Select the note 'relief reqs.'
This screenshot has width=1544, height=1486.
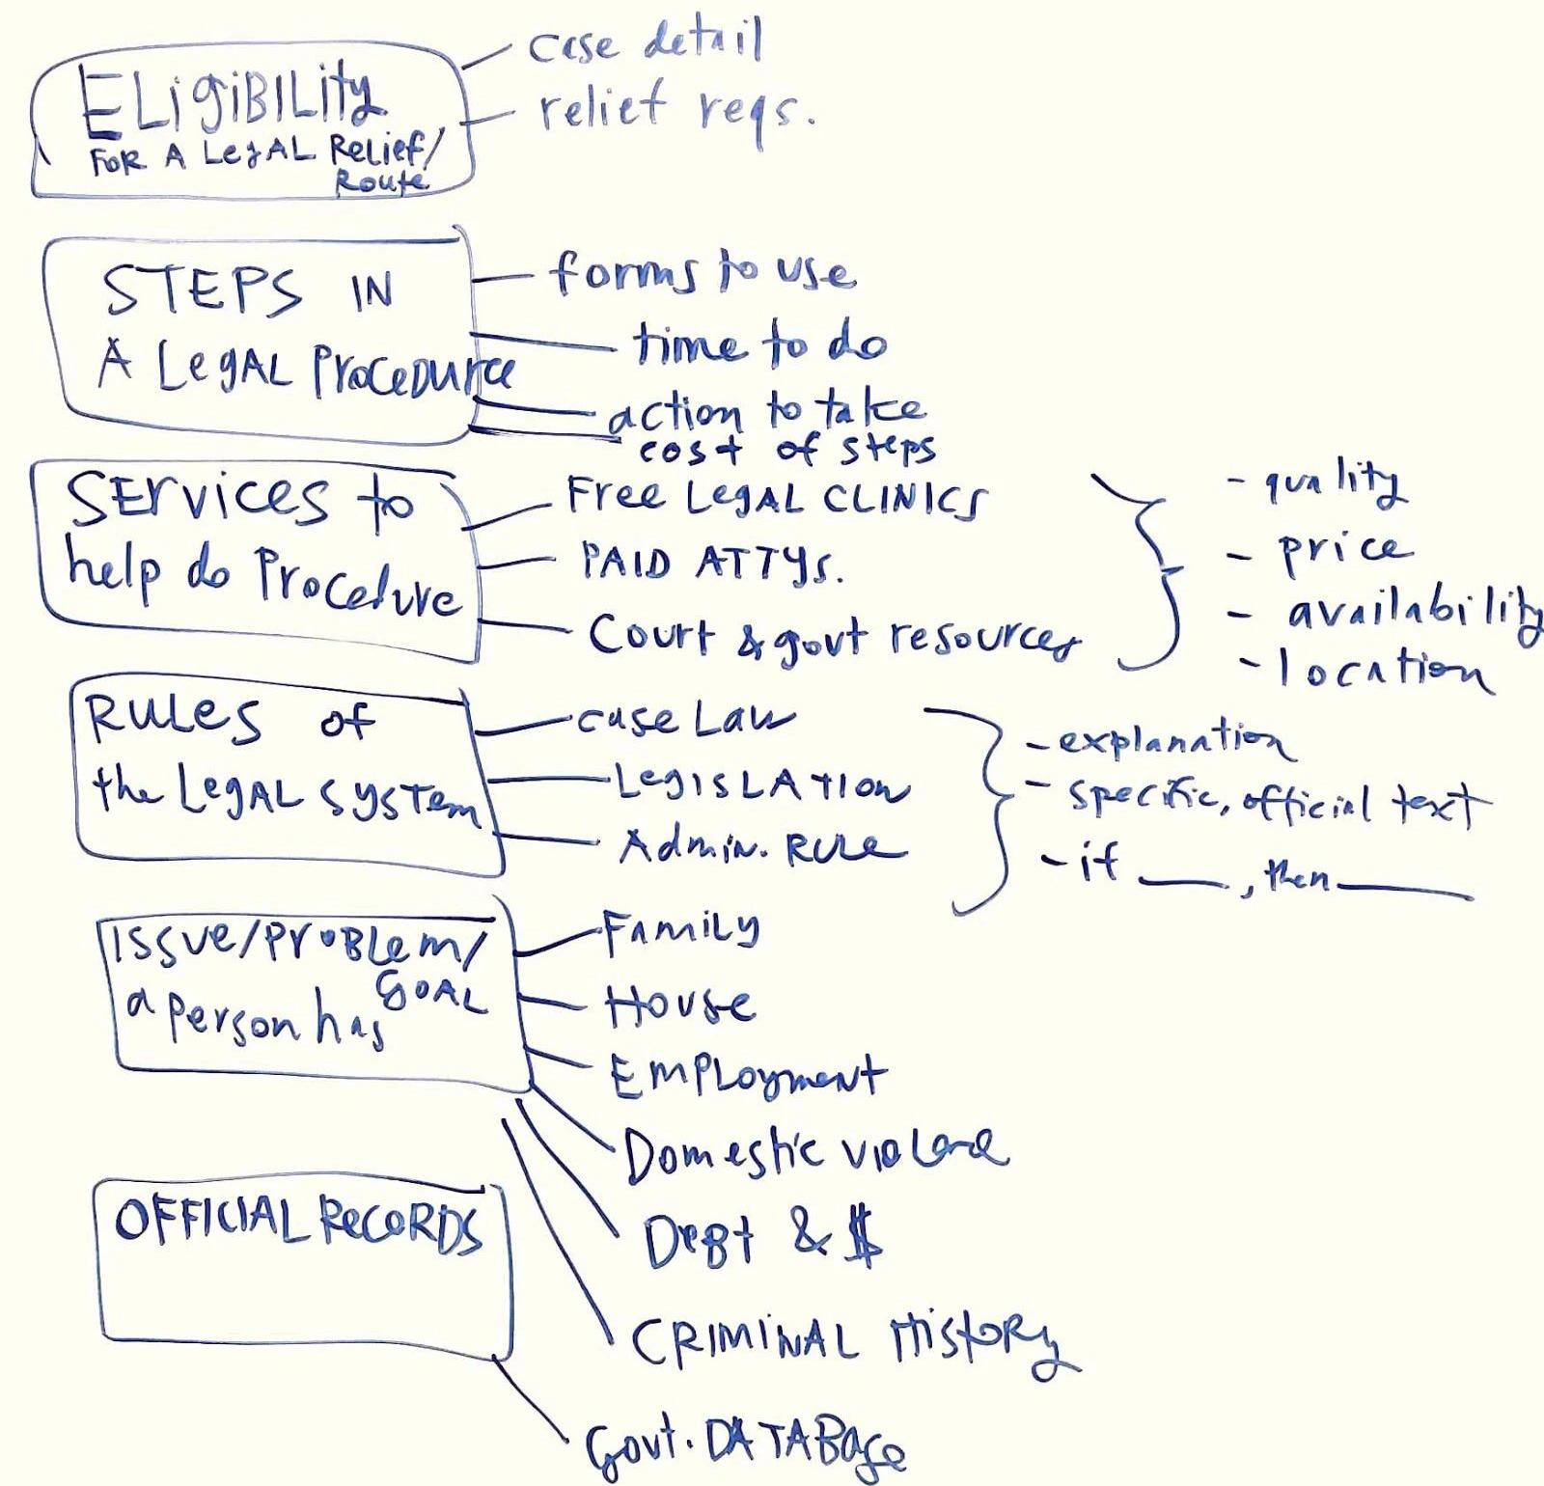[x=675, y=108]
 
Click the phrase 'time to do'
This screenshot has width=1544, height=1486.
[x=759, y=344]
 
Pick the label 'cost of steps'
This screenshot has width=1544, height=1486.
[x=786, y=449]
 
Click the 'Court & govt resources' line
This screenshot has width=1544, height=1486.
[x=835, y=638]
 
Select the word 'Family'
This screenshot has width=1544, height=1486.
[x=681, y=930]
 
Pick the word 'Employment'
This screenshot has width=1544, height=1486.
[x=746, y=1076]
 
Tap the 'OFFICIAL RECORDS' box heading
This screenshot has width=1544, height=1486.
[x=297, y=1223]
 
